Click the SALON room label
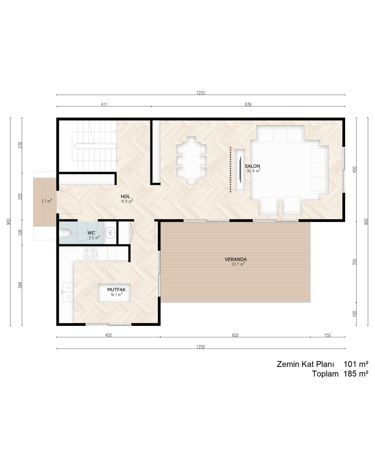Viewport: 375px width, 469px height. pos(252,166)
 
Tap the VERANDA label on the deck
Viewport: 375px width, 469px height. pos(235,260)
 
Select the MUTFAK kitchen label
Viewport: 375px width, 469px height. pos(116,290)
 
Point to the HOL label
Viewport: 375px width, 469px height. pos(125,197)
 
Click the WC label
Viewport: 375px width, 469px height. pos(91,233)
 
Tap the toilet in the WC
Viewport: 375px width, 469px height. pos(65,233)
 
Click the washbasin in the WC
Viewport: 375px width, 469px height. pos(110,233)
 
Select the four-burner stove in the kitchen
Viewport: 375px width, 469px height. pos(90,254)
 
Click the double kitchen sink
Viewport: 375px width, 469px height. pos(68,292)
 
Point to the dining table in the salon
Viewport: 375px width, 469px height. pos(191,161)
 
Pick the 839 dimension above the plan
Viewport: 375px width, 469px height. pos(248,104)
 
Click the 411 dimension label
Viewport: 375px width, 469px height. pos(104,104)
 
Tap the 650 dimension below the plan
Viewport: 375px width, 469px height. pos(235,335)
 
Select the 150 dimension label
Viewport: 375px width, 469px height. pos(327,335)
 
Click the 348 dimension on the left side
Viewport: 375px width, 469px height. pos(20,285)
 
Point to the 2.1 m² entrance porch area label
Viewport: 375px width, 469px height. pos(47,201)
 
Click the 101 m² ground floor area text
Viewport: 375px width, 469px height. pos(356,364)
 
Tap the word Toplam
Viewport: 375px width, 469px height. pos(325,374)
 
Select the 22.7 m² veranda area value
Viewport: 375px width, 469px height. pos(238,264)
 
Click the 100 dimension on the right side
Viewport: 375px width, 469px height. pos(355,314)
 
